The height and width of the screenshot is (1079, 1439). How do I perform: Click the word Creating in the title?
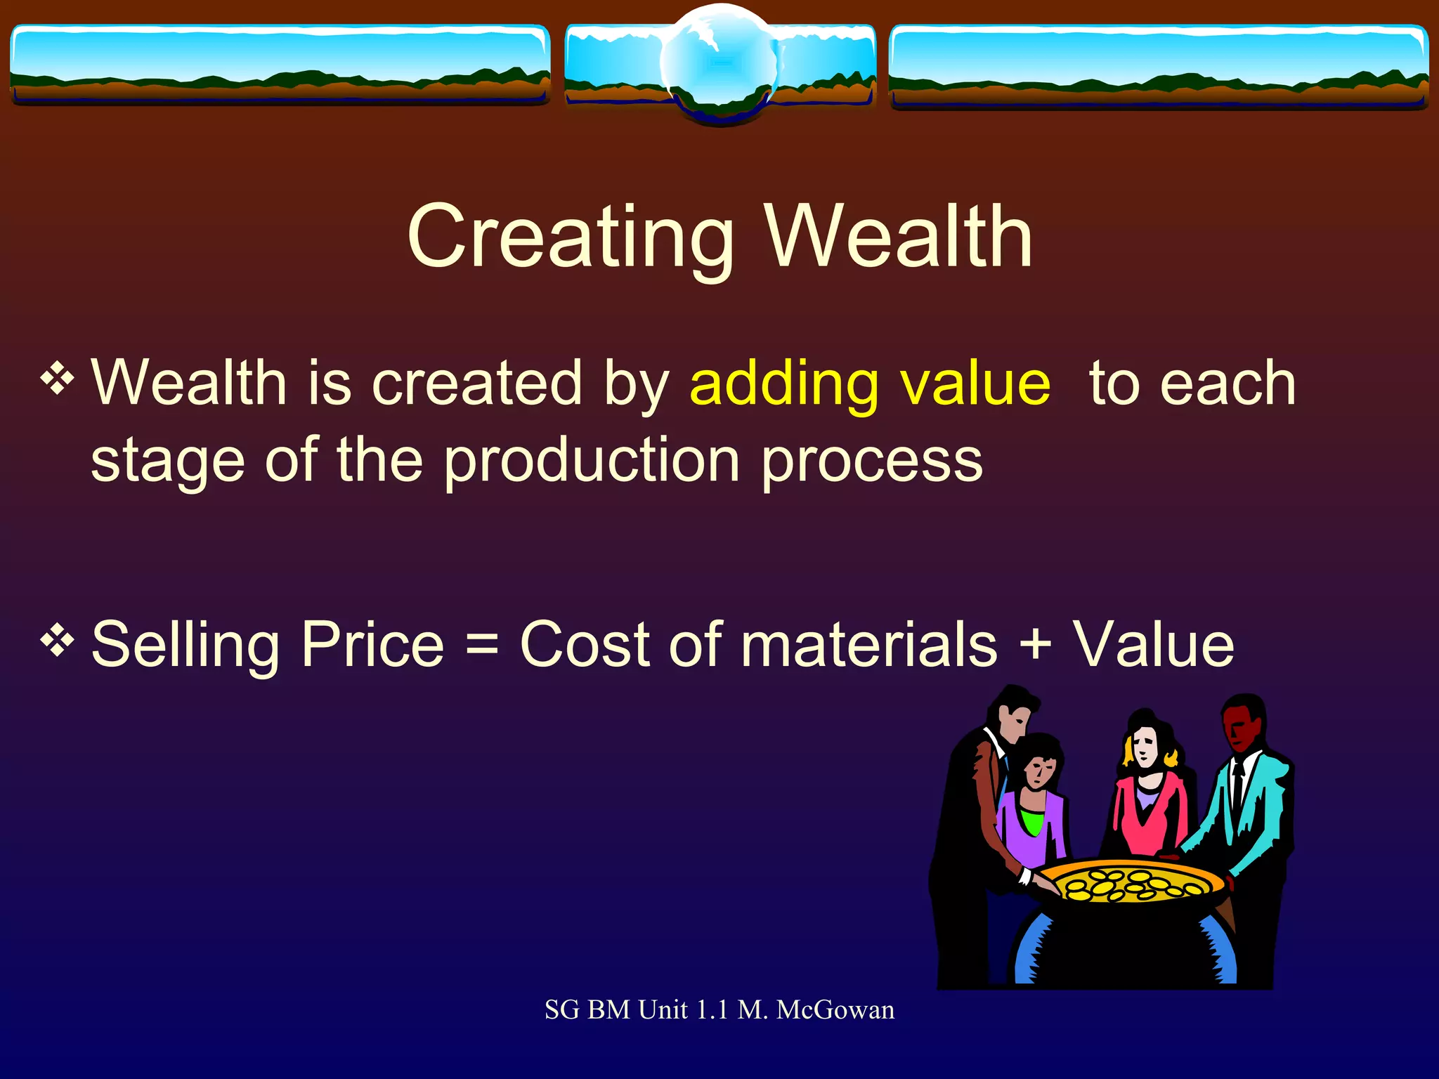571,237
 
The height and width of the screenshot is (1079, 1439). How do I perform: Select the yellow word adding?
783,385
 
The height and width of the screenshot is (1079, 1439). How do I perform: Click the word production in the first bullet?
592,462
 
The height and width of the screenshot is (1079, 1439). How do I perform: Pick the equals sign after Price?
482,645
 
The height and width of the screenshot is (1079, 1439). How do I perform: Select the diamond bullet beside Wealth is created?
58,379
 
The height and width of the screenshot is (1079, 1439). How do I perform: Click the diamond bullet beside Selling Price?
58,640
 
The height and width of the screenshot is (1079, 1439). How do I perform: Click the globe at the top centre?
719,63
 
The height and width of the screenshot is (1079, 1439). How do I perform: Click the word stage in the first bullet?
168,462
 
